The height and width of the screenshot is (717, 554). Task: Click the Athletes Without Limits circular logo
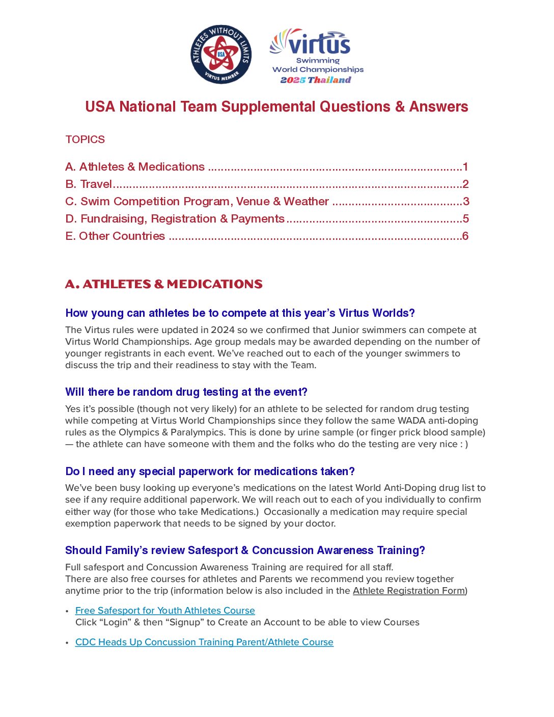221,54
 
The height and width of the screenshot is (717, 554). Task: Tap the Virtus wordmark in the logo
319,44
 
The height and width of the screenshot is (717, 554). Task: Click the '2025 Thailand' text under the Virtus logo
316,80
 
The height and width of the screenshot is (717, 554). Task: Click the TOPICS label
85,140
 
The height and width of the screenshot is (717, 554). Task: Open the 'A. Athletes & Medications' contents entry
135,167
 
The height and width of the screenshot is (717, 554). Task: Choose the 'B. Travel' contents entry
89,184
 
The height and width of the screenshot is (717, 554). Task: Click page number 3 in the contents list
466,202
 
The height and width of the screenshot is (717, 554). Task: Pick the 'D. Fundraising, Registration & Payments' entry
175,219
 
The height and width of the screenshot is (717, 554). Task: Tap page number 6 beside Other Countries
465,236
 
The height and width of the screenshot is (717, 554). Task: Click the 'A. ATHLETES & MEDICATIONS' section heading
163,284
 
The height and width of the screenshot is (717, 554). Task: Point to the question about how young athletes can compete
240,313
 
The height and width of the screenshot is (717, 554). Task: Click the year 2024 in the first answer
223,330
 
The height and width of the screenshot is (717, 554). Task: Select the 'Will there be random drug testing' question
186,392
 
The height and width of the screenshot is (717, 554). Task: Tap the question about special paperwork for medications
210,472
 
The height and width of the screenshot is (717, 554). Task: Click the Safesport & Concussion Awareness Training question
245,550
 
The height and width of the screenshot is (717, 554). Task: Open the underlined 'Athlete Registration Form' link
409,591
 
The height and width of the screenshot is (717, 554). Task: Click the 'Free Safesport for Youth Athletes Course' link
165,611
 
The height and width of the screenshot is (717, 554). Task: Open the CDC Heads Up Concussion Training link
204,642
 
